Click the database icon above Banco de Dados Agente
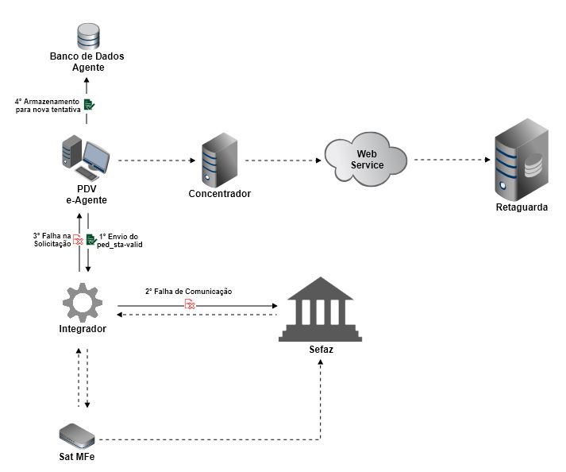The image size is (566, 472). click(87, 37)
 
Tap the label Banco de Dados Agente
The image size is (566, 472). click(87, 62)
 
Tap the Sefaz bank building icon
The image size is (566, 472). click(321, 309)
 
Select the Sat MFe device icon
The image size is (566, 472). click(78, 435)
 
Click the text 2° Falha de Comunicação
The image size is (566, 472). click(188, 292)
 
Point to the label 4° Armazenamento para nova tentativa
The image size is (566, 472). click(47, 105)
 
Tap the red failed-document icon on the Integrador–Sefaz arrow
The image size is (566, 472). click(190, 304)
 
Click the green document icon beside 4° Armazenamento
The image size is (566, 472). click(89, 104)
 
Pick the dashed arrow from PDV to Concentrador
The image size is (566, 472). click(156, 161)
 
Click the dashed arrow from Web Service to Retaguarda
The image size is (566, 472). click(450, 160)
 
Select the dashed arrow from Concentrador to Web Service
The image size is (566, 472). click(283, 161)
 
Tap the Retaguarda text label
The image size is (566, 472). click(521, 208)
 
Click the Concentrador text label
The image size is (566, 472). click(219, 194)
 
